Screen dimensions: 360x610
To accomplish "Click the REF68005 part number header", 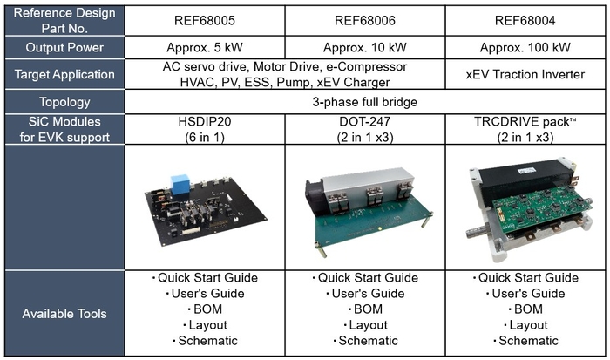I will pos(206,18).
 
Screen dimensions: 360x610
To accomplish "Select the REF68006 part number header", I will pos(366,18).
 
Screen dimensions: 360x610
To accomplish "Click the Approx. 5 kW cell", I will pos(206,47).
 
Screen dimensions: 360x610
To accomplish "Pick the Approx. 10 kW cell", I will pos(366,47).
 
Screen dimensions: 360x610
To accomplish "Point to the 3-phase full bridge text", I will pos(365,103).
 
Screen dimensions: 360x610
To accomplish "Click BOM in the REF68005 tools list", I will pos(206,309).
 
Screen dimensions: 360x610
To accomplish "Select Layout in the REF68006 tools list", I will pos(366,324).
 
